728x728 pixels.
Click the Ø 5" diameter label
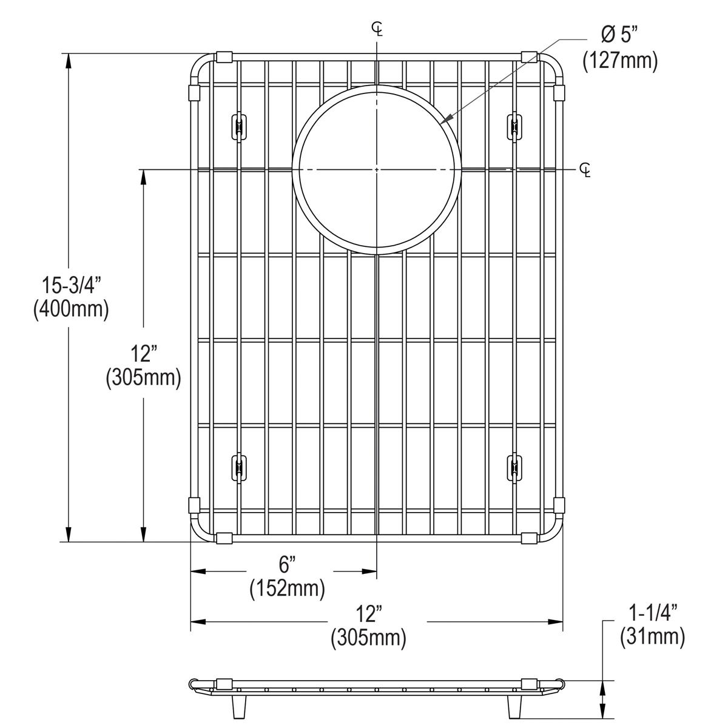pyautogui.click(x=620, y=36)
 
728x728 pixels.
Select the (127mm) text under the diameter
pyautogui.click(x=620, y=61)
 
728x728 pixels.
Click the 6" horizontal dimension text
pyautogui.click(x=287, y=564)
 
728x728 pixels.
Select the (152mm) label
pyautogui.click(x=287, y=588)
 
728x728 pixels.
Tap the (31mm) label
pyautogui.click(x=652, y=636)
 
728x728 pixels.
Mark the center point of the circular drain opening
pyautogui.click(x=377, y=168)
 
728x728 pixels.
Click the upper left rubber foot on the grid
pyautogui.click(x=238, y=127)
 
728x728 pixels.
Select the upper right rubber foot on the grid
pyautogui.click(x=514, y=127)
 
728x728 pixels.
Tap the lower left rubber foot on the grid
pyautogui.click(x=238, y=468)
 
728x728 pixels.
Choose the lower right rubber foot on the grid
pyautogui.click(x=514, y=468)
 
